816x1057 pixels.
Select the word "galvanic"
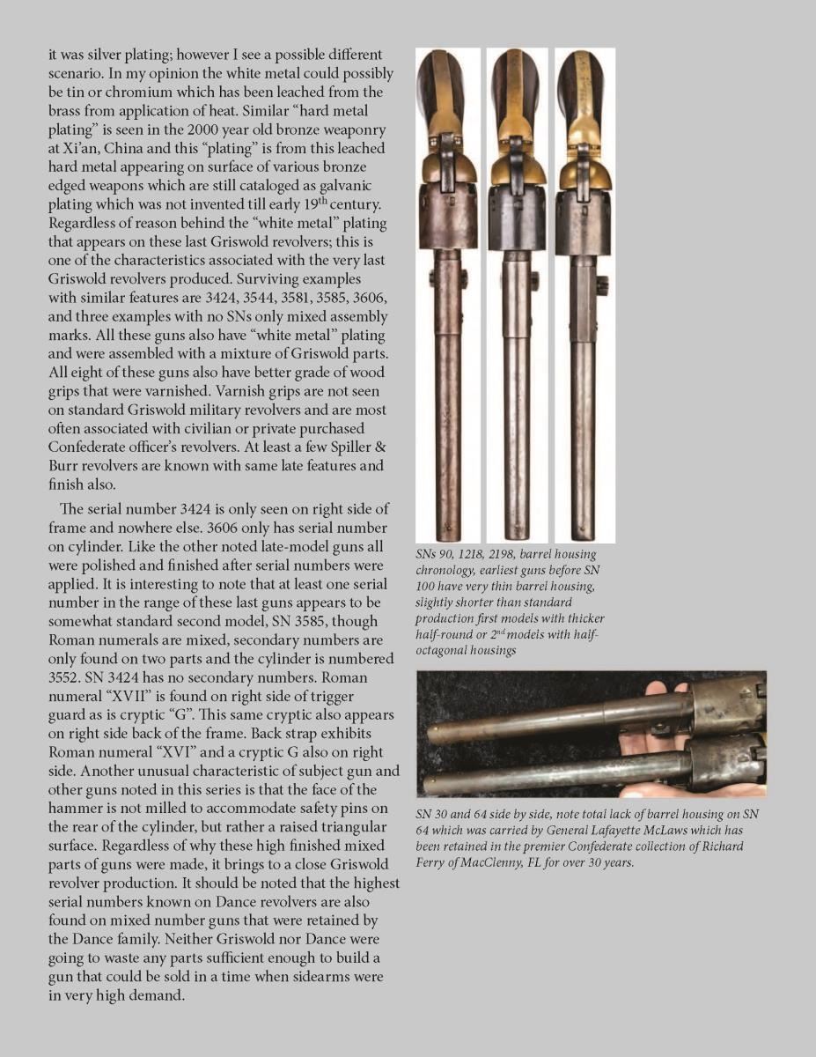click(357, 187)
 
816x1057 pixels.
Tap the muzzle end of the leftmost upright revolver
click(448, 533)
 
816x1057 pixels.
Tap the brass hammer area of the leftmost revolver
click(449, 163)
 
